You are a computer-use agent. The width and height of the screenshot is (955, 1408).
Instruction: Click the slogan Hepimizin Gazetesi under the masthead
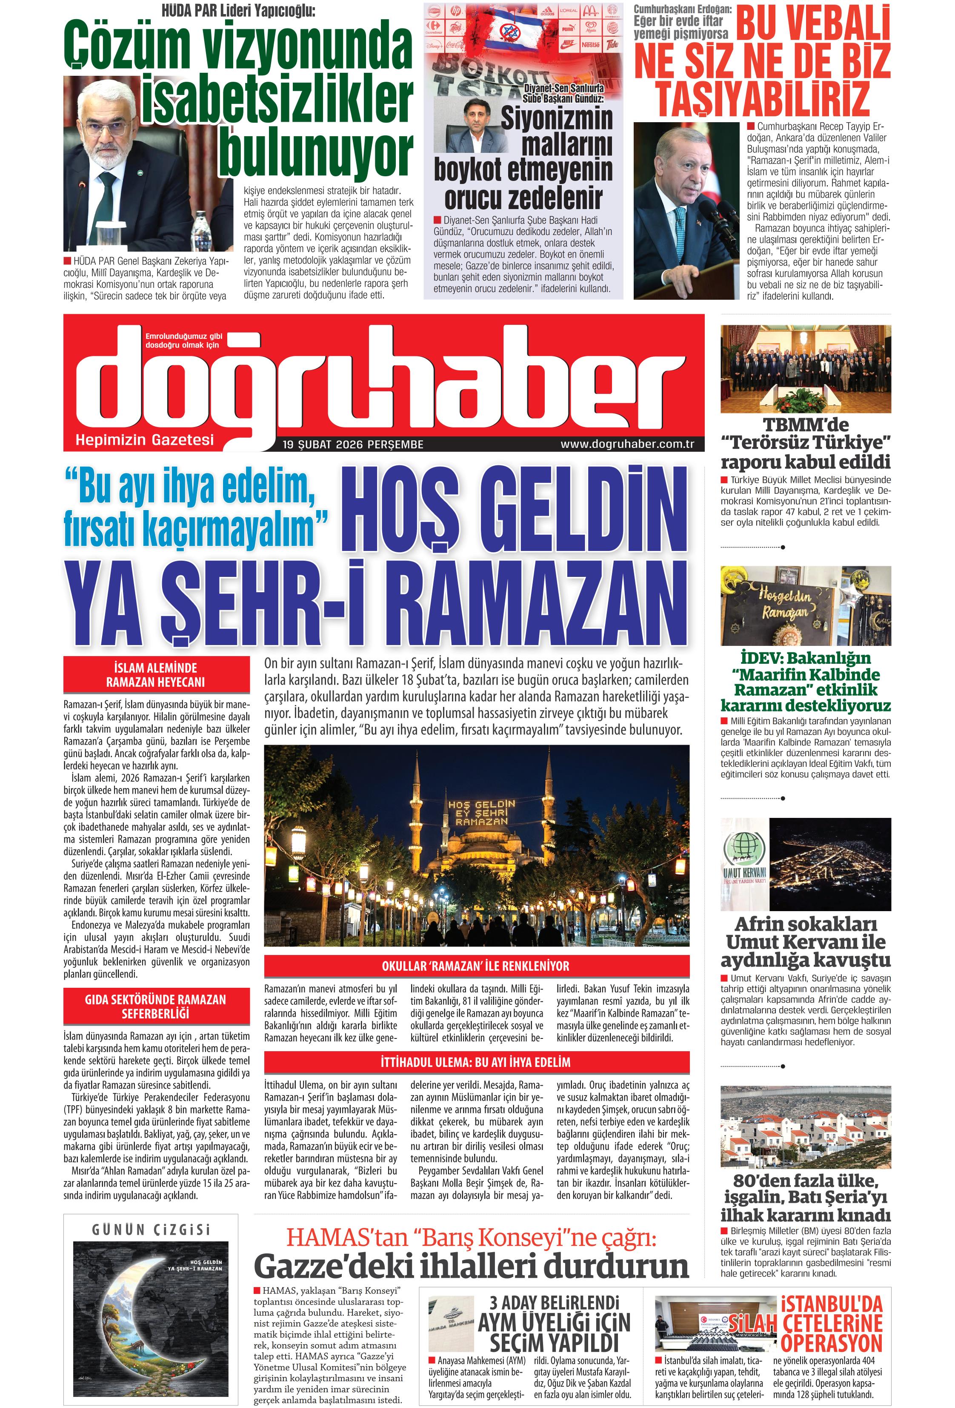pyautogui.click(x=145, y=439)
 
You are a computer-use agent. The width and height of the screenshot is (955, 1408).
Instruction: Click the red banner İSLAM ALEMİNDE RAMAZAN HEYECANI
pyautogui.click(x=156, y=674)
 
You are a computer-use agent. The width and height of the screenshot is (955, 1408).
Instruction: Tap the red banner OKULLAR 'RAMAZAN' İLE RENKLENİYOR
pyautogui.click(x=476, y=966)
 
